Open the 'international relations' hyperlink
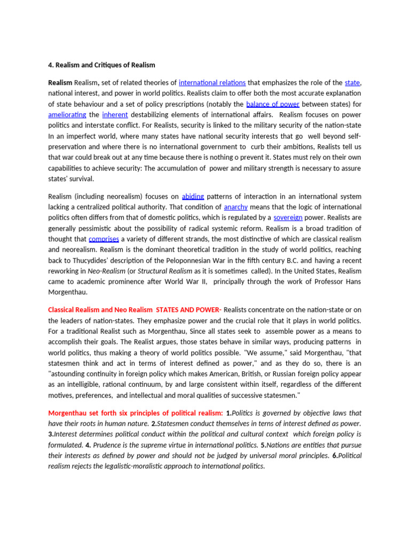click(212, 83)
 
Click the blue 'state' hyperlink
click(352, 83)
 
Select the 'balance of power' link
click(273, 104)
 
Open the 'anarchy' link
click(235, 207)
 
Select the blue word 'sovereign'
click(288, 217)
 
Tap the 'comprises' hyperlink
click(104, 239)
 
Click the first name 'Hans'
click(352, 282)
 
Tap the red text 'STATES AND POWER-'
click(188, 310)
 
